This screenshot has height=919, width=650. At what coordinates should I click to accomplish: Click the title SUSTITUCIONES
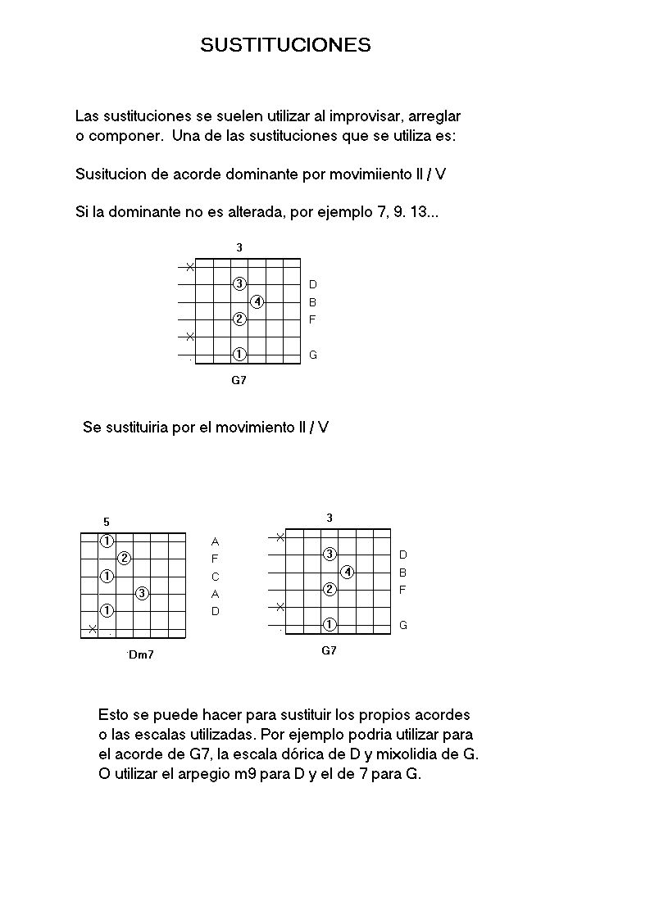[285, 45]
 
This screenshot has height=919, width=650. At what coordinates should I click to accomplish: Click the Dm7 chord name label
[141, 654]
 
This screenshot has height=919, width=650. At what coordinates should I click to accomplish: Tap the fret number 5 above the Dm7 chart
[107, 522]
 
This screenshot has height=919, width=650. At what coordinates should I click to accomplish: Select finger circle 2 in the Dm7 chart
[125, 559]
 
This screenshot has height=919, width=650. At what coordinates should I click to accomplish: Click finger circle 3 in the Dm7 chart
[143, 593]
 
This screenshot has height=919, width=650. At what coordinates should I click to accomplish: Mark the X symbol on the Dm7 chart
[93, 629]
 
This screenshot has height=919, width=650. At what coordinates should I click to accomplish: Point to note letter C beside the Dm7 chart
[216, 577]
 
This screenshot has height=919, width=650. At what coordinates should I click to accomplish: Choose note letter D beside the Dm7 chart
[216, 611]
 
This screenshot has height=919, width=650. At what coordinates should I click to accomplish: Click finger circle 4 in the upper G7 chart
[257, 301]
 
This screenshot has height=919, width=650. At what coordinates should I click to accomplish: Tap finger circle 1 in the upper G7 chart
[239, 355]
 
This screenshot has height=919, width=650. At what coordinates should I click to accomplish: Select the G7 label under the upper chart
[239, 380]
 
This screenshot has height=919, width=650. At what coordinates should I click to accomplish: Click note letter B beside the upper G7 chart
[313, 302]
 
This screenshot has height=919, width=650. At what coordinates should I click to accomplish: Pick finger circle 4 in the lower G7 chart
[348, 572]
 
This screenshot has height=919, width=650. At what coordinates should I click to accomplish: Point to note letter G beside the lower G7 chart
[403, 625]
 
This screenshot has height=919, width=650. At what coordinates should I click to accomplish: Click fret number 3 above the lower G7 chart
[330, 518]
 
